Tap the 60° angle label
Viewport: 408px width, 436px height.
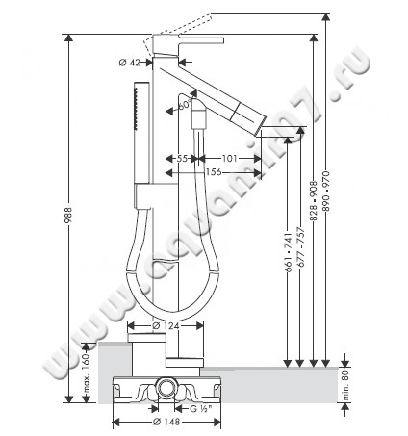[x=183, y=107]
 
